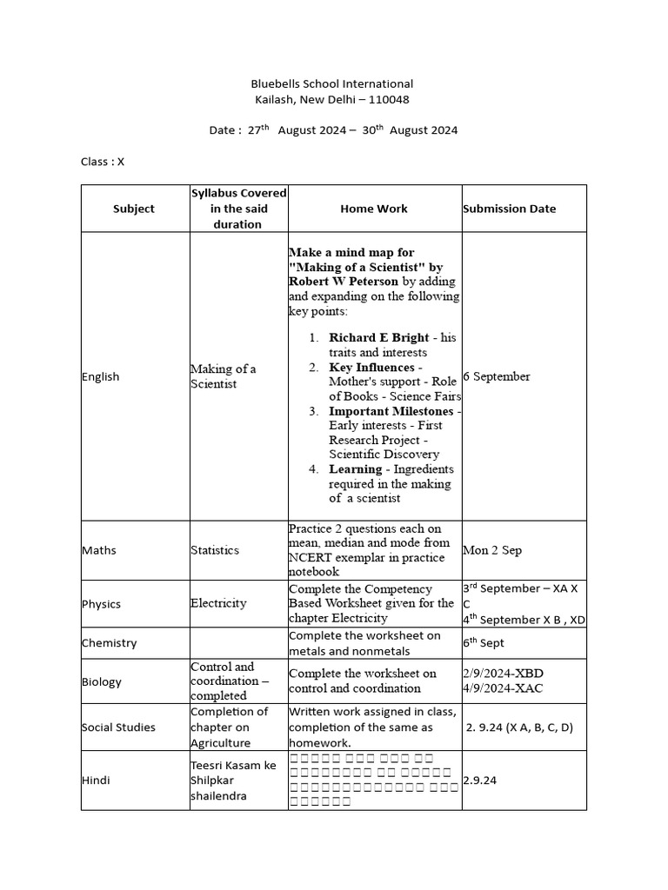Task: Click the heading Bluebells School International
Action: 332,83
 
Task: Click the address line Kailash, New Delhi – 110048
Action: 332,99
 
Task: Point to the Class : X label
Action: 103,161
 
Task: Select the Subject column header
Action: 134,209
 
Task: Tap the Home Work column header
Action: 374,209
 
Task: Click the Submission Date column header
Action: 510,209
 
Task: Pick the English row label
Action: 101,376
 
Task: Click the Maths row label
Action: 99,550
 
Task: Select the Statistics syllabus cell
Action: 216,550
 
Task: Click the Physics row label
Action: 102,604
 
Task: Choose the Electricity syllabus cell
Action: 218,603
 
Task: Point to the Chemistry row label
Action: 110,643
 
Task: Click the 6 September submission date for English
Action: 497,376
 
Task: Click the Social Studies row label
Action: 119,727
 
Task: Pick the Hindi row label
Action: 97,780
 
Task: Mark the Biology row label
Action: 102,681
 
